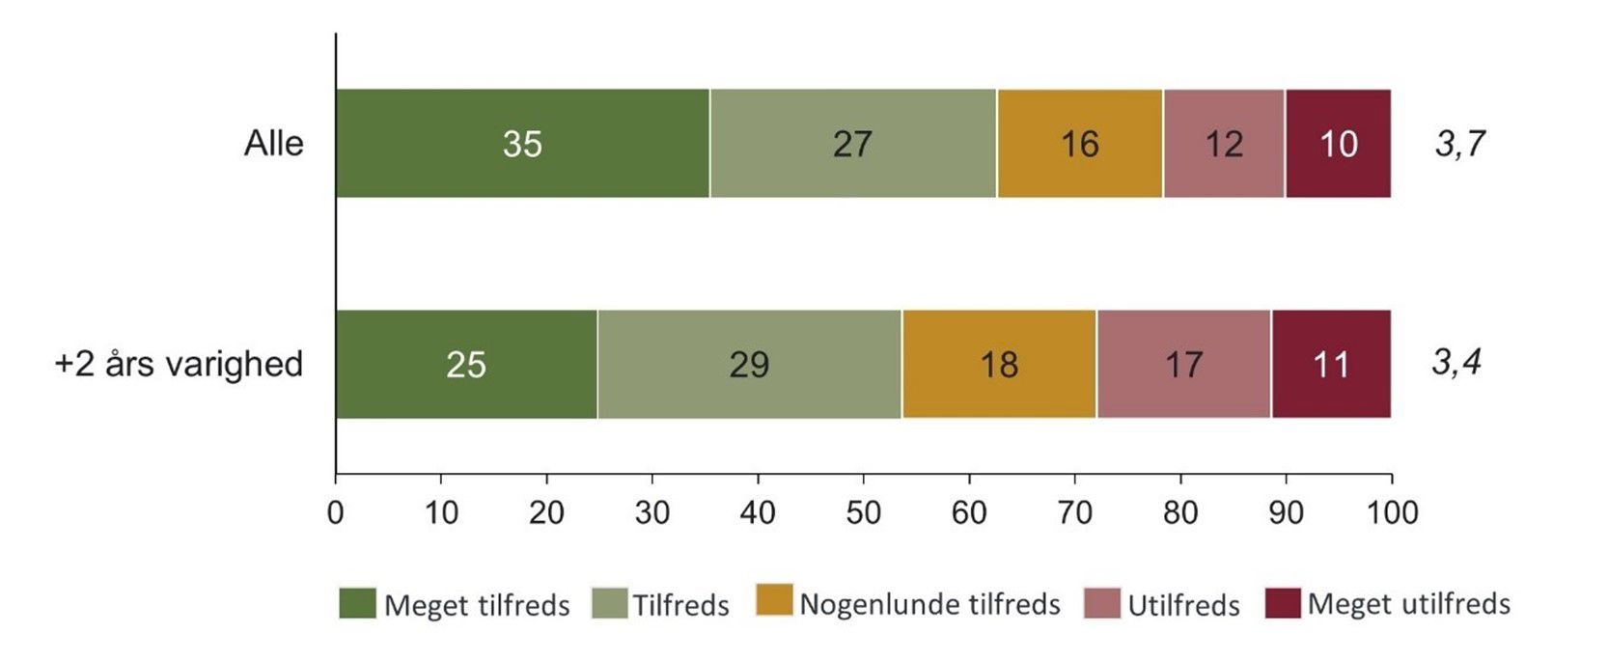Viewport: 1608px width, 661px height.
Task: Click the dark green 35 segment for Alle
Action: (x=522, y=144)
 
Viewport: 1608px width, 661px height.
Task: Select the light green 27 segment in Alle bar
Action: (x=853, y=144)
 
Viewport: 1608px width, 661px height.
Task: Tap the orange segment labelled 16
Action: (x=1079, y=144)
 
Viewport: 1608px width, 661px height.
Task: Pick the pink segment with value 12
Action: (x=1223, y=144)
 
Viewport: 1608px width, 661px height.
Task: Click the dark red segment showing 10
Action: (x=1338, y=144)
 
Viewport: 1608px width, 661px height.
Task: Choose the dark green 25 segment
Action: (x=466, y=364)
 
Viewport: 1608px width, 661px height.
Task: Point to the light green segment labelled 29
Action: (x=749, y=364)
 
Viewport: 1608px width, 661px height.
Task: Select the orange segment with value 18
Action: (x=999, y=364)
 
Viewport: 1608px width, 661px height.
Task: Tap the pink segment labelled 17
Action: (x=1183, y=364)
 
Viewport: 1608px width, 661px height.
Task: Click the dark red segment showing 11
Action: (x=1331, y=364)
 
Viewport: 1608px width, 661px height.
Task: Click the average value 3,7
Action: (x=1459, y=144)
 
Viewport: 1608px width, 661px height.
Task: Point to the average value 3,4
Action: (x=1456, y=363)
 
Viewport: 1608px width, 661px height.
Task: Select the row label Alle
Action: (x=273, y=144)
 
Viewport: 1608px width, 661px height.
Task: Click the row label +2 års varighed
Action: (x=179, y=364)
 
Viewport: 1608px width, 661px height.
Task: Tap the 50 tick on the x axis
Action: (x=863, y=511)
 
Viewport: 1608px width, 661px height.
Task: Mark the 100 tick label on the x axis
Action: (x=1392, y=511)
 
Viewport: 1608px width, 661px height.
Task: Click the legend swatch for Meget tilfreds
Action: (x=357, y=603)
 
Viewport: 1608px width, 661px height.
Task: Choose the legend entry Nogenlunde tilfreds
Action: (x=929, y=604)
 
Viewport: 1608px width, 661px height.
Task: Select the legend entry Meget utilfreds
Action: (x=1408, y=604)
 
